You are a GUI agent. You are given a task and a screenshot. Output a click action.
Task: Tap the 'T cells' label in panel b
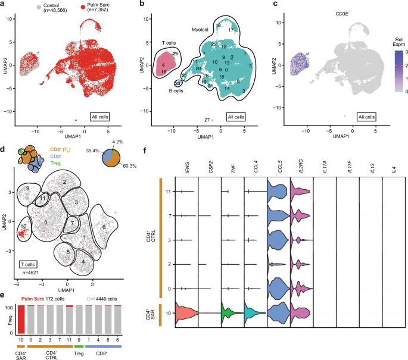(x=155, y=42)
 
